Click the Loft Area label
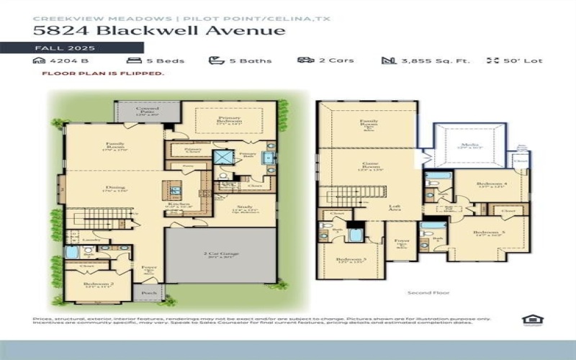click(x=395, y=207)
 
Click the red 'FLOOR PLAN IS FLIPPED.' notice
click(x=103, y=73)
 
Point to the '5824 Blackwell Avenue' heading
click(x=159, y=30)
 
